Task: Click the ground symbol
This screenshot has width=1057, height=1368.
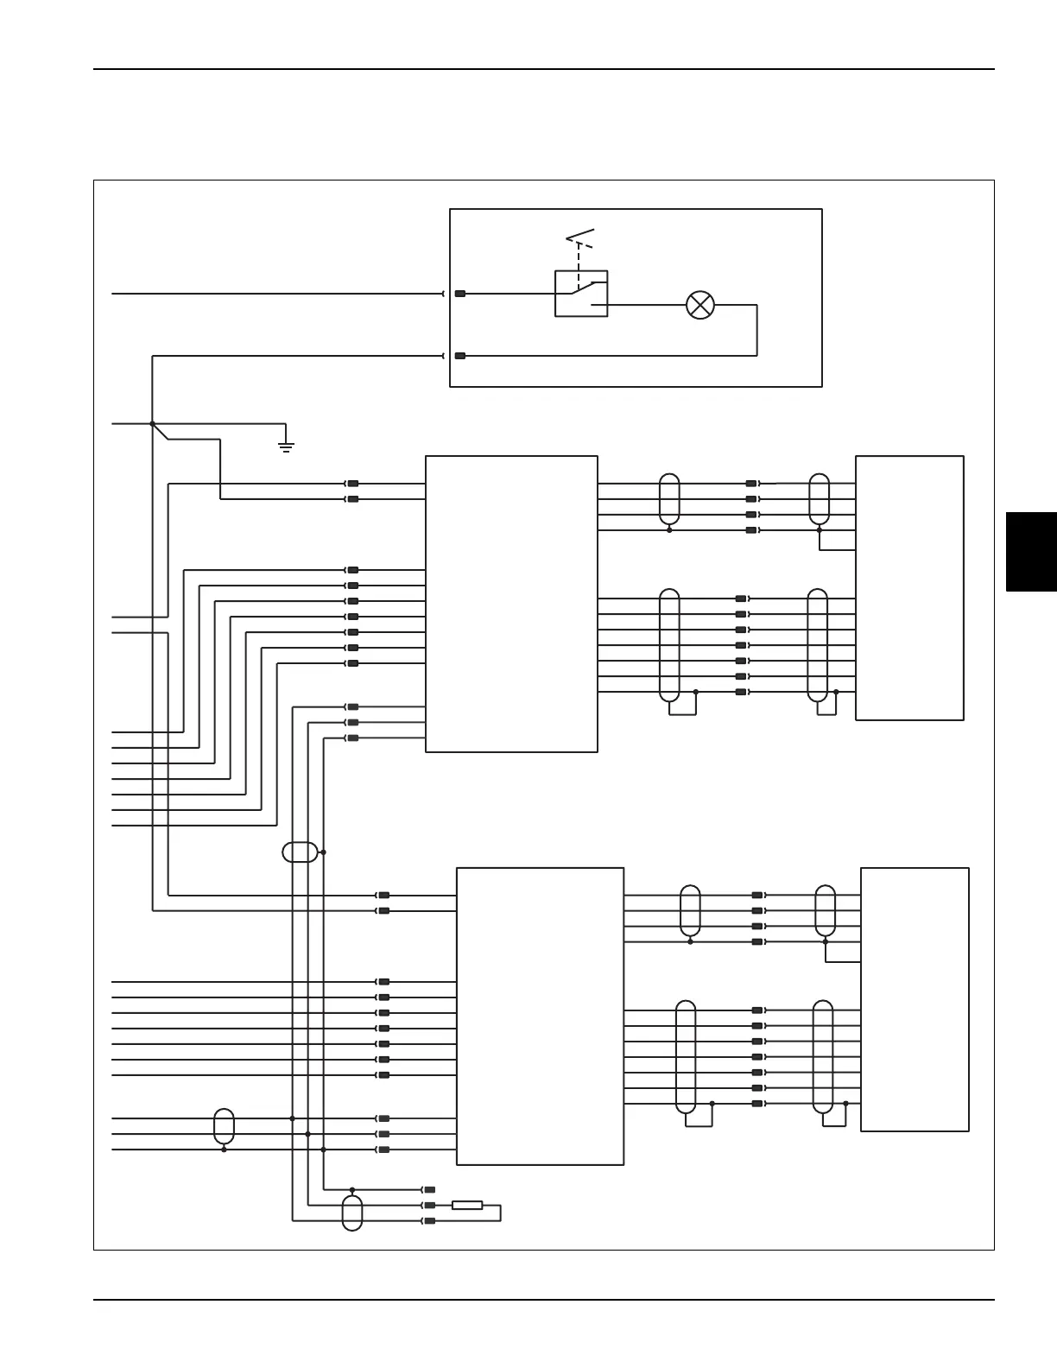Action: click(x=286, y=445)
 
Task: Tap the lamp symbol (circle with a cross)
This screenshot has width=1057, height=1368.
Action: click(x=699, y=305)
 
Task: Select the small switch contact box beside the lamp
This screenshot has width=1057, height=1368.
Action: click(x=581, y=294)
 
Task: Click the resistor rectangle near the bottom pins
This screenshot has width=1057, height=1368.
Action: click(x=467, y=1205)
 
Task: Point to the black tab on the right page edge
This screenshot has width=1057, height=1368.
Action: click(x=1031, y=552)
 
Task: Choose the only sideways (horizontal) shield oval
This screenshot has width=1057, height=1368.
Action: click(x=300, y=852)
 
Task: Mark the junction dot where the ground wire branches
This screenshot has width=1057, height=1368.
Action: click(x=152, y=424)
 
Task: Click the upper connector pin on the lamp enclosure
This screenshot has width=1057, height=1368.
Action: click(x=460, y=294)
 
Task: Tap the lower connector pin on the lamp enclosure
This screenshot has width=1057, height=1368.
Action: click(x=460, y=356)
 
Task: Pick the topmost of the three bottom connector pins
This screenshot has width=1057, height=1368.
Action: click(x=429, y=1189)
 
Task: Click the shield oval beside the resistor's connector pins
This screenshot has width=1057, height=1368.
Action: click(x=352, y=1213)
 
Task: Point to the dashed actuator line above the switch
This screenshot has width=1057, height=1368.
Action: click(x=579, y=257)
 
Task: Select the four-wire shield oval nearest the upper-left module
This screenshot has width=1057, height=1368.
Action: click(x=669, y=499)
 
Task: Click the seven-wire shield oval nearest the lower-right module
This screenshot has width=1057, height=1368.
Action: click(x=824, y=1057)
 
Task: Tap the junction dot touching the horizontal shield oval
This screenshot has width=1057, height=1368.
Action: click(x=323, y=852)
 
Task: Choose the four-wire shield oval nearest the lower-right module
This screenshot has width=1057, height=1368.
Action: click(x=826, y=911)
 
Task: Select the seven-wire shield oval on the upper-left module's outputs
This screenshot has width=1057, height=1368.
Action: click(x=669, y=645)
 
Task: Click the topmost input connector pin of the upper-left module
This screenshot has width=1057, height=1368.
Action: click(x=352, y=484)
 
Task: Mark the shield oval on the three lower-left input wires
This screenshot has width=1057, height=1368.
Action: click(x=224, y=1126)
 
